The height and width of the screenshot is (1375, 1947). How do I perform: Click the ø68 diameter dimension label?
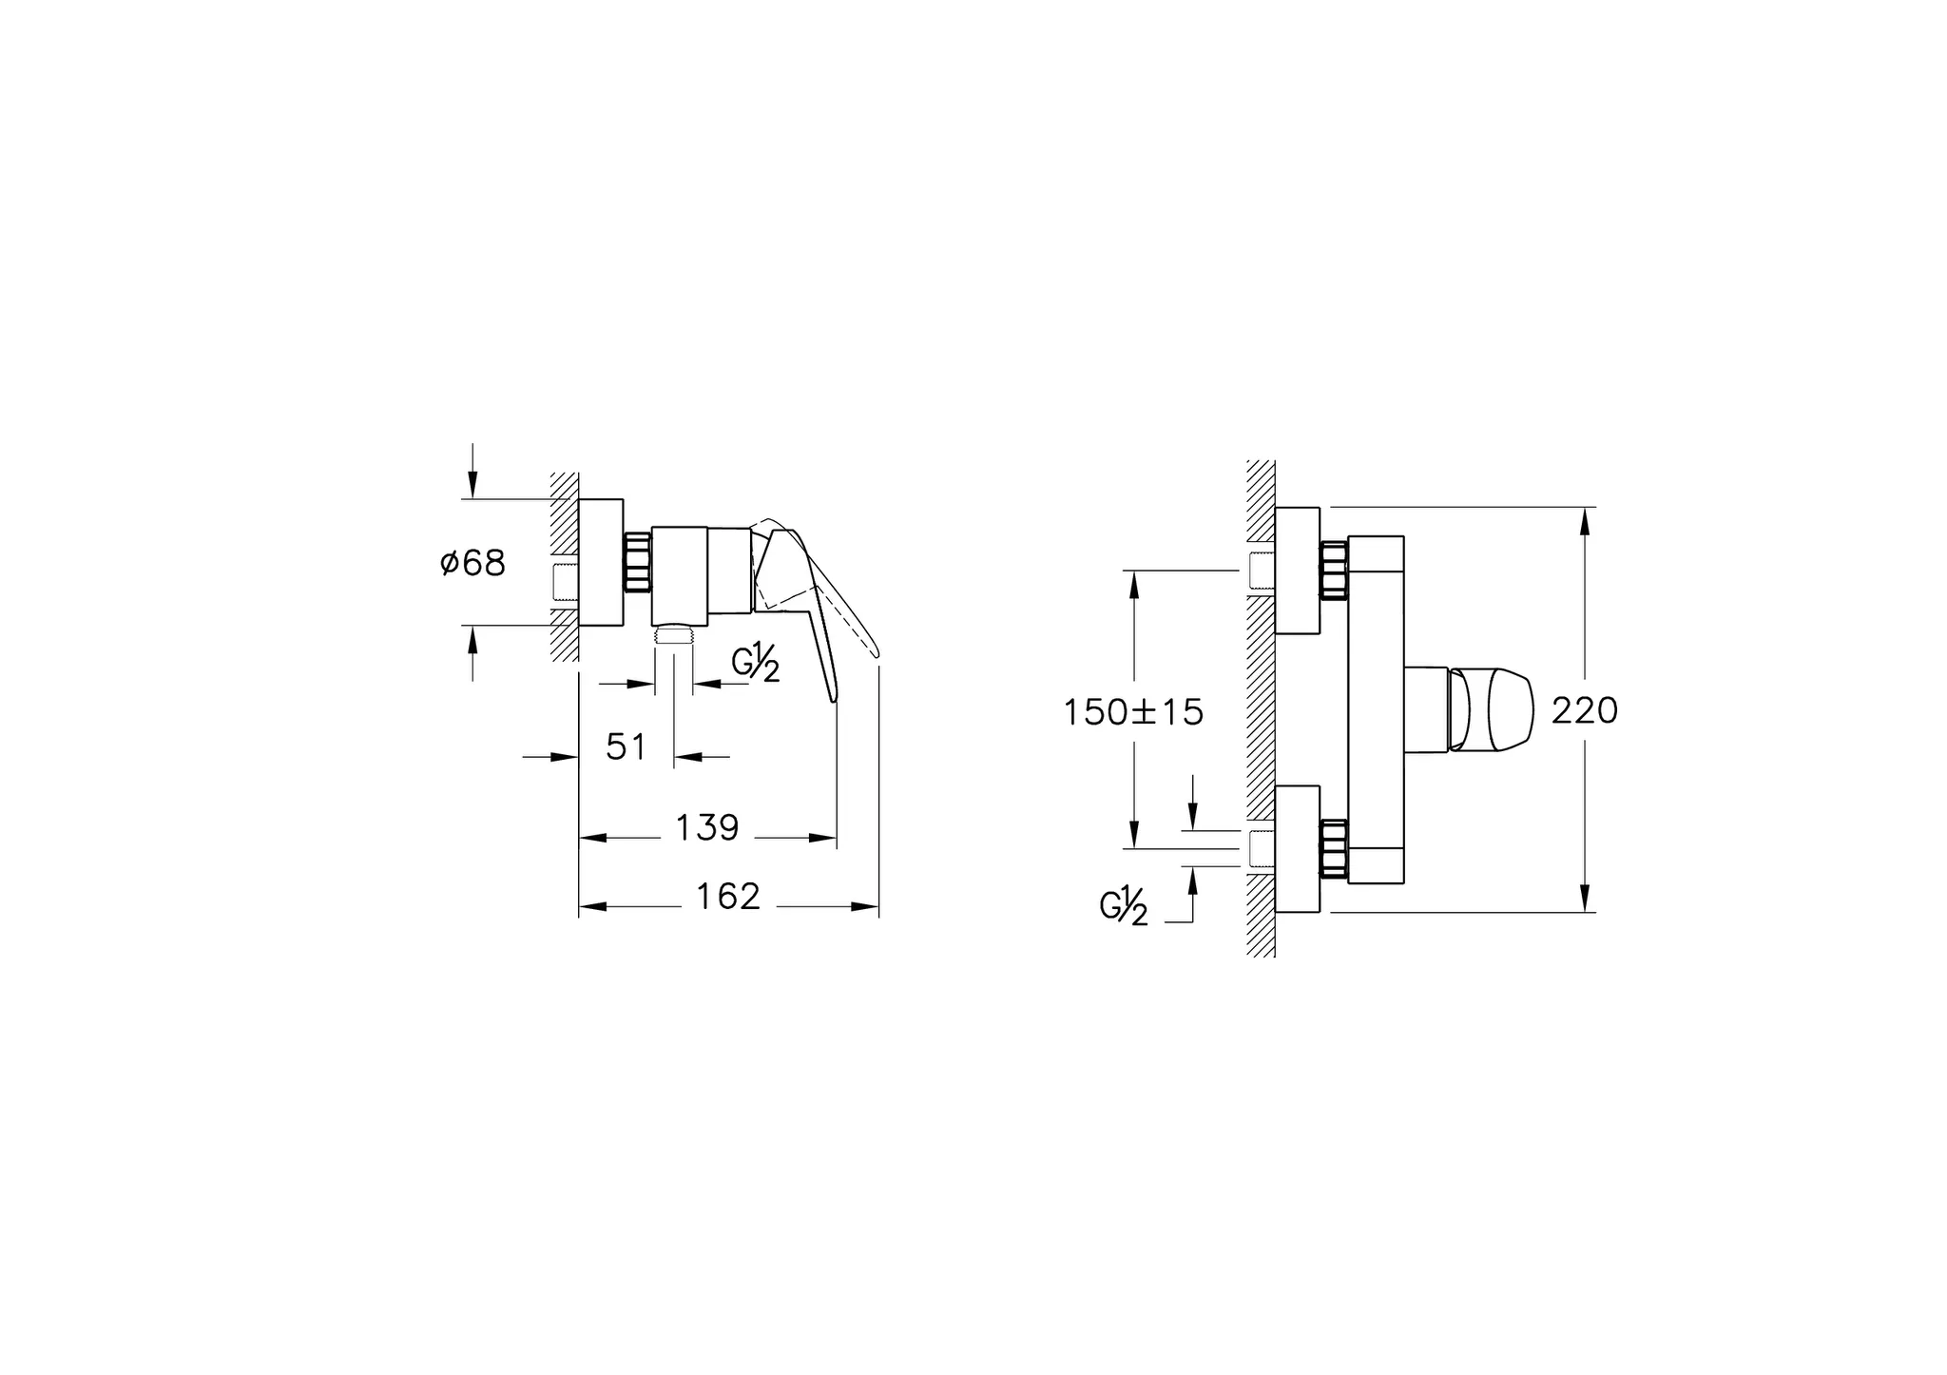pos(472,563)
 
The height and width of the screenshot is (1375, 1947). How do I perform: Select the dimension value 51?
pos(626,747)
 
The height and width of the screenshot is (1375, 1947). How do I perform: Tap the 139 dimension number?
pos(707,828)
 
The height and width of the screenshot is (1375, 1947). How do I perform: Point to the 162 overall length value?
pos(729,897)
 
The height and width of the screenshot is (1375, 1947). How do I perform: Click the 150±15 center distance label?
pos(1133,712)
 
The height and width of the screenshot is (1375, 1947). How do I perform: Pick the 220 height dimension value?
pos(1585,710)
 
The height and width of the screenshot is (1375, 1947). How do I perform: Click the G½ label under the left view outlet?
pos(756,664)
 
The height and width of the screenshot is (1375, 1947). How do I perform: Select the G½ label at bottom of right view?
pos(1124,906)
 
